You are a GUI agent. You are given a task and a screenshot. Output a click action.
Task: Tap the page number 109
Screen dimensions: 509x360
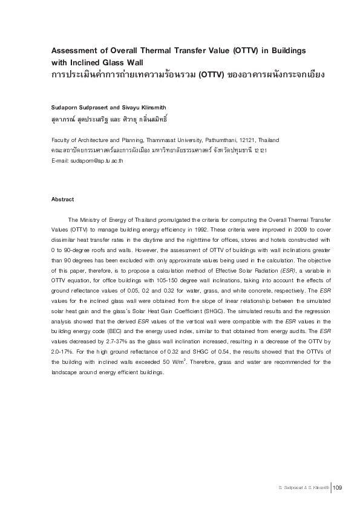(x=338, y=488)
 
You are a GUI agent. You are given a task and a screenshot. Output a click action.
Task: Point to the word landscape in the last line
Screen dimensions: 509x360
(x=65, y=372)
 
